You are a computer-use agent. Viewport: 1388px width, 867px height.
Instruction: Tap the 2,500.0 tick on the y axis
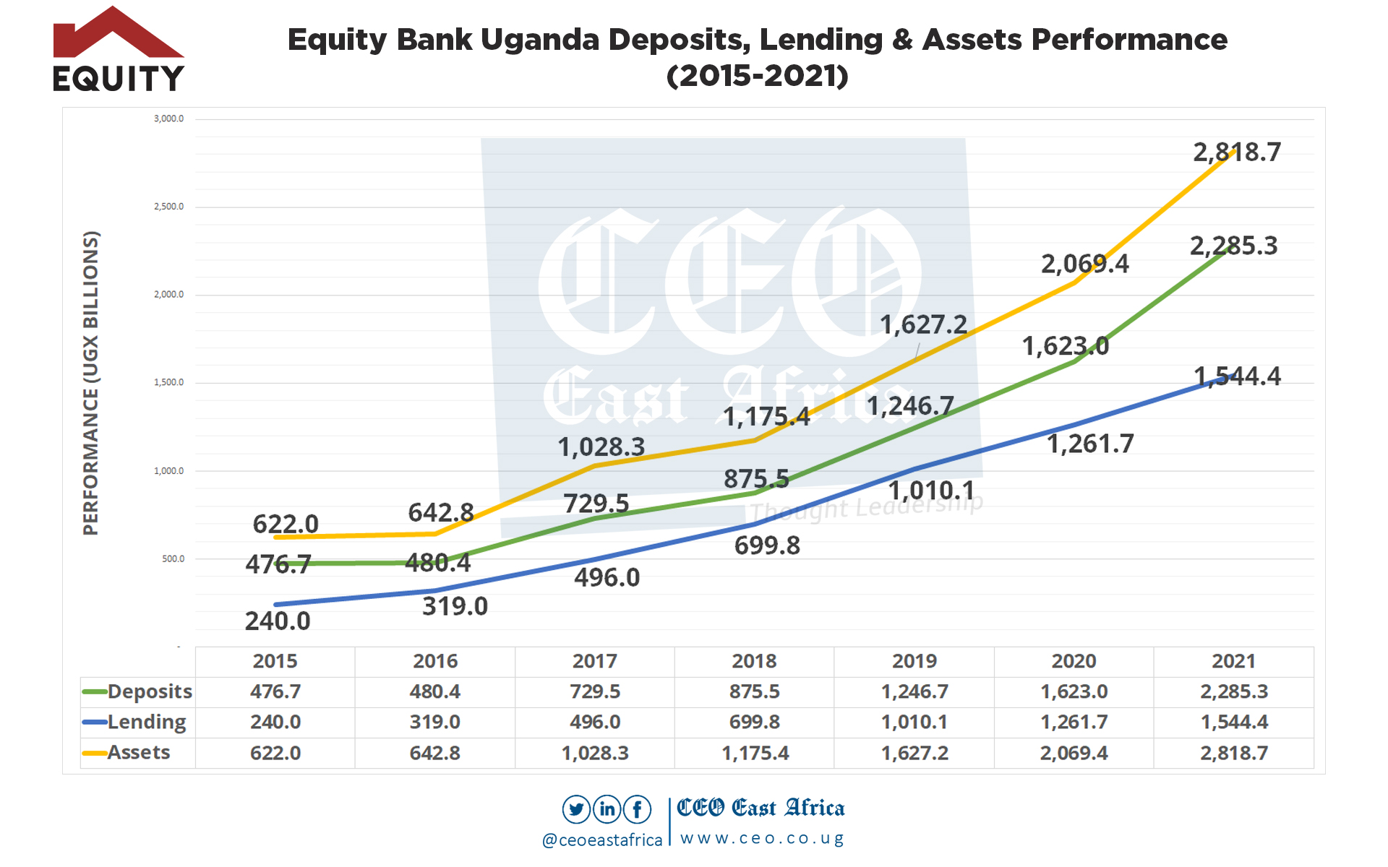[168, 207]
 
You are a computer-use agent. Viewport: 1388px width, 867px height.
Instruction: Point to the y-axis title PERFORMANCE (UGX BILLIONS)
[90, 383]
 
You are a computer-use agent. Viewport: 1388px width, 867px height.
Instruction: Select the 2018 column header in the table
[754, 661]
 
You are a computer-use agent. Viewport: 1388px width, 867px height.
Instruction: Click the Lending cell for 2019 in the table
[914, 722]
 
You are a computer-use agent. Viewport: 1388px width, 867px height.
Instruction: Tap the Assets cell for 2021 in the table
[1234, 753]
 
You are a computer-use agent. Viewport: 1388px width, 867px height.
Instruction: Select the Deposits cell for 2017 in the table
[595, 691]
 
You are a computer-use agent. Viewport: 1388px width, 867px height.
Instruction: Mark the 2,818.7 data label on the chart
[1237, 152]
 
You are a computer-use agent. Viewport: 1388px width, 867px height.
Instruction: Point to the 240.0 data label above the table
[278, 621]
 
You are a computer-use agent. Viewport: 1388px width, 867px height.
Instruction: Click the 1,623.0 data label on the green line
[1065, 347]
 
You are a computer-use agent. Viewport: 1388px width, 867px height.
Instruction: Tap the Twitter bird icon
[576, 809]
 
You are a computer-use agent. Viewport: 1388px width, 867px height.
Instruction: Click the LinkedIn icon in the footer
[607, 809]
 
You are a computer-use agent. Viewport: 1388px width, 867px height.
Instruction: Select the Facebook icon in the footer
[638, 809]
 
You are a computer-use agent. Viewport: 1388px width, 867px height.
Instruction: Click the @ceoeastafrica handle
[602, 840]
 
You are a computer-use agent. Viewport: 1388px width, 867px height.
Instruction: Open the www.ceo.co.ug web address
[762, 839]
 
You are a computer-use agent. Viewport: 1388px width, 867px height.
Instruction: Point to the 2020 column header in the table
[1074, 661]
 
